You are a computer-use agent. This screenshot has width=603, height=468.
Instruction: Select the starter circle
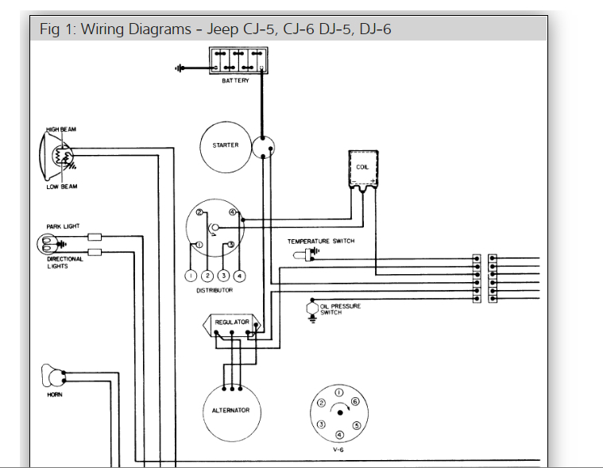pyautogui.click(x=226, y=146)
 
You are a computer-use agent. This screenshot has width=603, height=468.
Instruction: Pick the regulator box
pyautogui.click(x=232, y=323)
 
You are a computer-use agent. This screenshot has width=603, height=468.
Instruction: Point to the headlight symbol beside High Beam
pyautogui.click(x=56, y=156)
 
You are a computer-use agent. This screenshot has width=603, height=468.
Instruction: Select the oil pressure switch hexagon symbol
pyautogui.click(x=311, y=307)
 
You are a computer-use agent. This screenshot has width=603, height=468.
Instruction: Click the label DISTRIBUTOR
pyautogui.click(x=215, y=291)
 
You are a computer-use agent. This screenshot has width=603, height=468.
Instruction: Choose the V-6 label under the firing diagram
pyautogui.click(x=338, y=449)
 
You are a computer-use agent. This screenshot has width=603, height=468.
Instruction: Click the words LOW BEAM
pyautogui.click(x=62, y=187)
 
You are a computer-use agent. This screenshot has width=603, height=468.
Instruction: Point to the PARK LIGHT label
pyautogui.click(x=63, y=226)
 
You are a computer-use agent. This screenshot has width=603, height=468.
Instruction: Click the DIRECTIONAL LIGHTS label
pyautogui.click(x=64, y=263)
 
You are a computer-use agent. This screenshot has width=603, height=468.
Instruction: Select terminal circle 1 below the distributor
pyautogui.click(x=191, y=276)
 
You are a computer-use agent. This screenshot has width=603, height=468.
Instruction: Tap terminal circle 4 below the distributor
pyautogui.click(x=240, y=276)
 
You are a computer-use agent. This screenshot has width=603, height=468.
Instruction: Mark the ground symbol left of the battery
pyautogui.click(x=180, y=68)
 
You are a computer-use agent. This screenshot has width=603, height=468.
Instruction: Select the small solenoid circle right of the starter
pyautogui.click(x=263, y=147)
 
